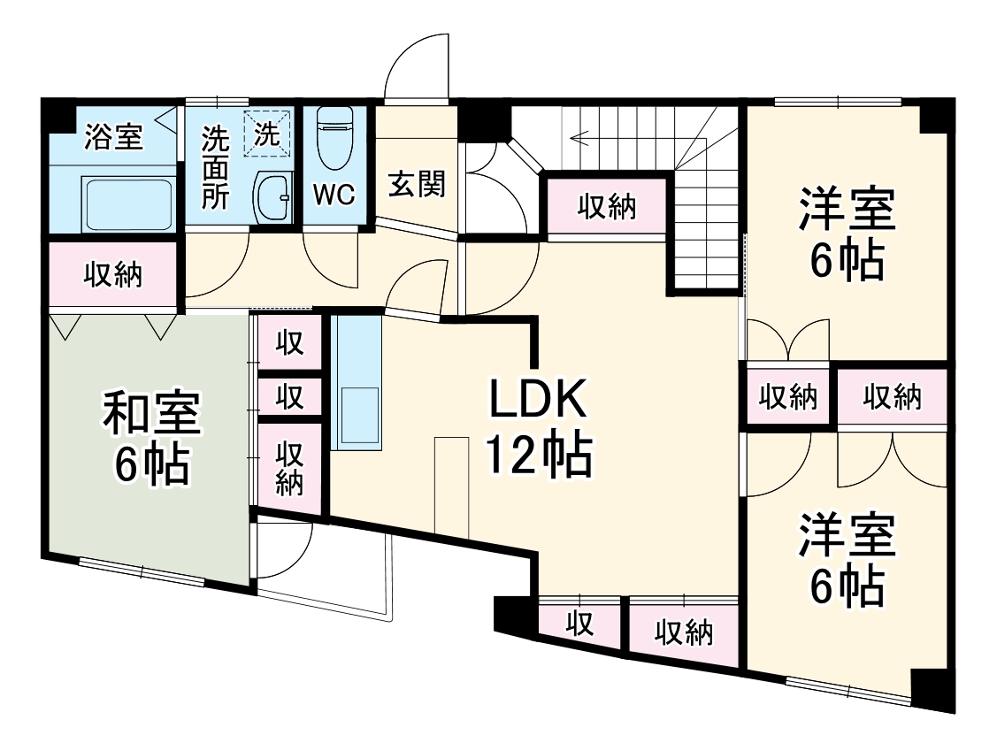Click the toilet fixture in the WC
pyautogui.click(x=334, y=137)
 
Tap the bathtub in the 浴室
pyautogui.click(x=129, y=204)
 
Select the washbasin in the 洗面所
pyautogui.click(x=272, y=196)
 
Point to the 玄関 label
pyautogui.click(x=417, y=184)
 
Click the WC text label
pyautogui.click(x=334, y=195)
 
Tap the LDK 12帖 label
pyautogui.click(x=539, y=427)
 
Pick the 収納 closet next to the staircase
pyautogui.click(x=607, y=207)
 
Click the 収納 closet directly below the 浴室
pyautogui.click(x=113, y=274)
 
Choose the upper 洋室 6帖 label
pyautogui.click(x=847, y=233)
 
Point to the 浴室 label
pyautogui.click(x=114, y=136)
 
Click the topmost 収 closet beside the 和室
pyautogui.click(x=289, y=343)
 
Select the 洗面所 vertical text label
pyautogui.click(x=216, y=168)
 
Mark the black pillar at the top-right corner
pyautogui.click(x=937, y=116)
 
